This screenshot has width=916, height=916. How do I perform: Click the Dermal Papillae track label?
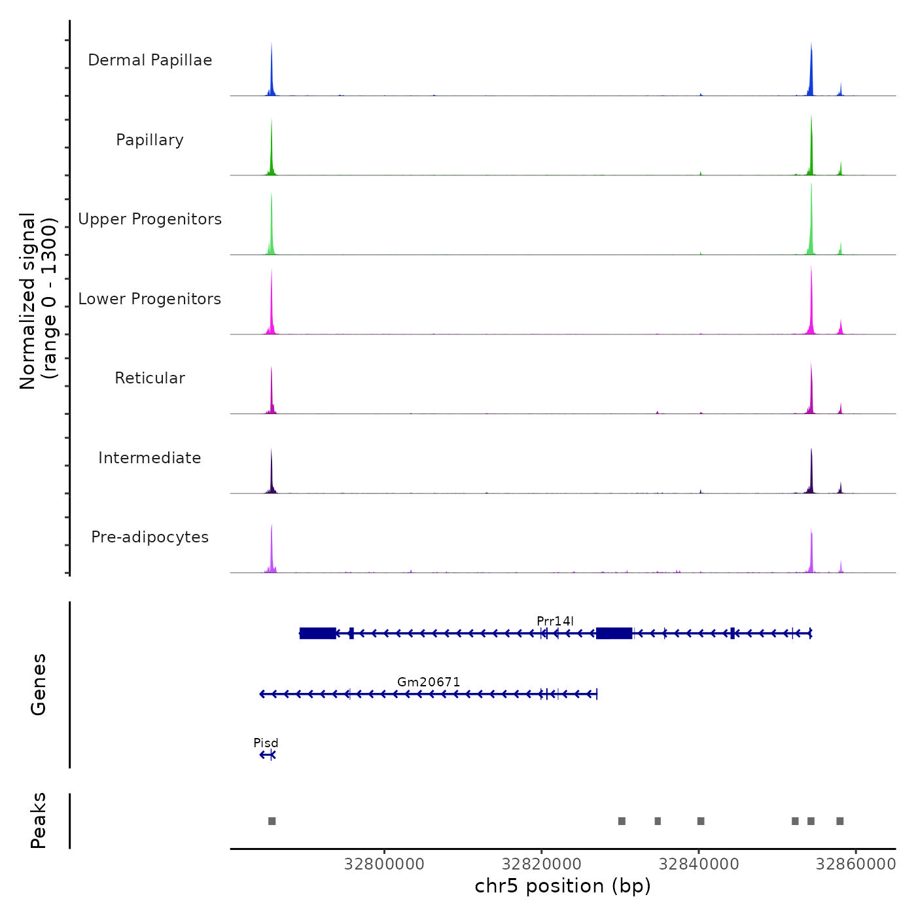150,60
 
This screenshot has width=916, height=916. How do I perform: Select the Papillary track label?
150,140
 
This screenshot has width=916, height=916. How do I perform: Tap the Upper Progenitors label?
150,219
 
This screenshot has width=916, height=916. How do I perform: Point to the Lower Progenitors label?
150,299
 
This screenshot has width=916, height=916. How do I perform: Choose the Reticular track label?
150,378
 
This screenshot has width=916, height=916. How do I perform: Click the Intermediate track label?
150,458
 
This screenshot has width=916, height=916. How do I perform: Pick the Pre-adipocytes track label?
150,537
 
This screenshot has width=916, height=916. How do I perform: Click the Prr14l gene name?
555,621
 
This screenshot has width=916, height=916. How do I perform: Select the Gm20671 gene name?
429,682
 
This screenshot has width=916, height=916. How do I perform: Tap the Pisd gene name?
266,743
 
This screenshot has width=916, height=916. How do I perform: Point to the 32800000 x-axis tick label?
384,864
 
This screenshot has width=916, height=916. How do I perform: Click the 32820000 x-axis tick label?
541,864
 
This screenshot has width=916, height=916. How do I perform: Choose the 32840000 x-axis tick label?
699,864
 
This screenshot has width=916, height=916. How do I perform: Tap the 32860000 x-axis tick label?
856,864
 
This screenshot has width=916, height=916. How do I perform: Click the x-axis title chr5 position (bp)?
563,886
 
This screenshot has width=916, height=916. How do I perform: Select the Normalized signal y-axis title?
38,300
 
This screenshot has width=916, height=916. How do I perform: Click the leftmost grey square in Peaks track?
272,821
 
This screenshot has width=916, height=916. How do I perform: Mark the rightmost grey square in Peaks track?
840,821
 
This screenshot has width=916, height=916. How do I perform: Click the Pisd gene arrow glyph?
268,755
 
